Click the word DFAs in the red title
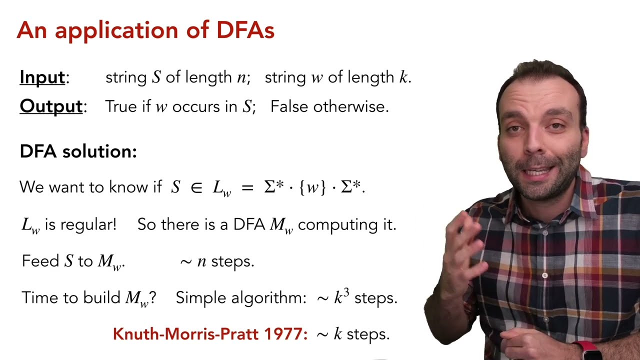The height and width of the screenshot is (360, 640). [245, 31]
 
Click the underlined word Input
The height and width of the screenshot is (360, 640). [42, 77]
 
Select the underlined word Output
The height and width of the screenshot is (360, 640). [50, 106]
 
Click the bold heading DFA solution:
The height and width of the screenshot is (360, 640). [78, 151]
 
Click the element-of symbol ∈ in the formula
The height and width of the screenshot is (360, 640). [196, 188]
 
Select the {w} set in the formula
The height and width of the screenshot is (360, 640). [312, 188]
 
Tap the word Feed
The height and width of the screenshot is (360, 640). [40, 261]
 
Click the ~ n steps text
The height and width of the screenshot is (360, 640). [217, 261]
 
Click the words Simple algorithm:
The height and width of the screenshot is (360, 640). [240, 298]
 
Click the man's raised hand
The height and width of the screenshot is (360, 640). [462, 245]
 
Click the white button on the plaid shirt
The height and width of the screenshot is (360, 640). [544, 275]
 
